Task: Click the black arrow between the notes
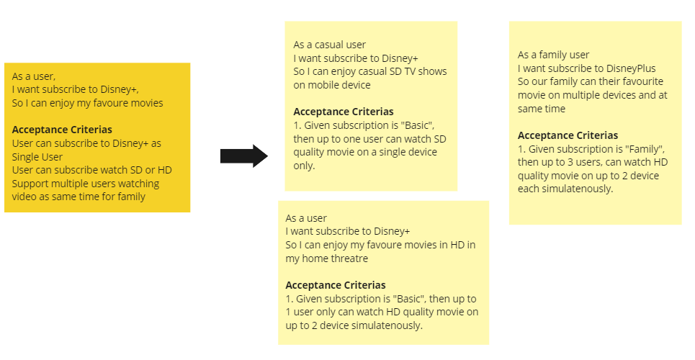pyautogui.click(x=243, y=156)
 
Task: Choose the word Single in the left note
pyautogui.click(x=27, y=157)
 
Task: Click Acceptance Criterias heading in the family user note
pyautogui.click(x=568, y=135)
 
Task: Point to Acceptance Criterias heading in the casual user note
pyautogui.click(x=344, y=112)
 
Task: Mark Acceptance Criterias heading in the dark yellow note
pyautogui.click(x=62, y=130)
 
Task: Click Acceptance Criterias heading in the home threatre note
pyautogui.click(x=336, y=285)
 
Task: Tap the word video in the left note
pyautogui.click(x=25, y=197)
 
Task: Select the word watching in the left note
pyautogui.click(x=139, y=184)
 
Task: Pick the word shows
pyautogui.click(x=432, y=71)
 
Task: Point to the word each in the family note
pyautogui.click(x=529, y=189)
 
